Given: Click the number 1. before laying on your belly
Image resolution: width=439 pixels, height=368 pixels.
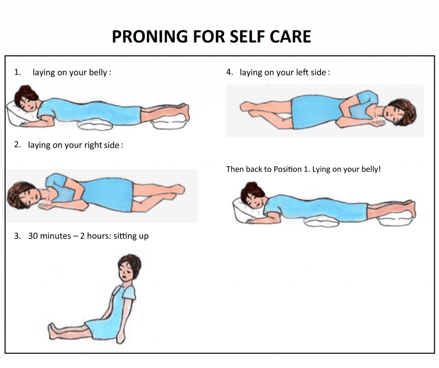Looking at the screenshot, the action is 17,72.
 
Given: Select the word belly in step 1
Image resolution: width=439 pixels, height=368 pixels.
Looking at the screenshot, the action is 98,72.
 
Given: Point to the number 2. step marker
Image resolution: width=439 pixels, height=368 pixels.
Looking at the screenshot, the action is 17,145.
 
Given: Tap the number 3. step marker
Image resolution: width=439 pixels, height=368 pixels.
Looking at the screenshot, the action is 17,235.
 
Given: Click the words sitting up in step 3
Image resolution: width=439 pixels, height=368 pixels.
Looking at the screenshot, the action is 131,236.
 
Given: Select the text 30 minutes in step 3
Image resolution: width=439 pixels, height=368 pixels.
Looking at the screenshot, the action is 50,236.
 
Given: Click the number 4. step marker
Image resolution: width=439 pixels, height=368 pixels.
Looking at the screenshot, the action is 230,72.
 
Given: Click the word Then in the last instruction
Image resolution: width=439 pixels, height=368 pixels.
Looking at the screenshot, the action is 235,169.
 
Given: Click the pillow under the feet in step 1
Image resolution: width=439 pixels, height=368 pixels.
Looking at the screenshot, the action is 169,124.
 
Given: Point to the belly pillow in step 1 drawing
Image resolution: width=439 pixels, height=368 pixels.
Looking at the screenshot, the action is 96,125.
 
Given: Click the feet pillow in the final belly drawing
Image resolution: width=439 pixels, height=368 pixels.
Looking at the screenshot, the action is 395,220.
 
